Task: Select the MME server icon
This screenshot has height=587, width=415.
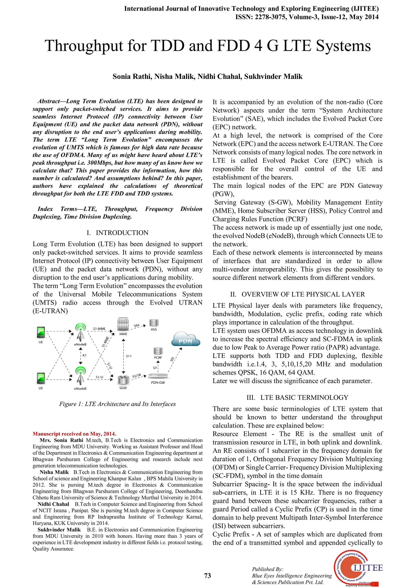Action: pyautogui.click(x=123, y=325)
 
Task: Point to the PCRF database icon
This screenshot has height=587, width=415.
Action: pyautogui.click(x=158, y=351)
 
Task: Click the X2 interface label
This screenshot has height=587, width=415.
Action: pyautogui.click(x=84, y=355)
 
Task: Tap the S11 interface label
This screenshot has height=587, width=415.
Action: pyautogui.click(x=129, y=356)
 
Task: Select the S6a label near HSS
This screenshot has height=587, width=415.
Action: pyautogui.click(x=137, y=326)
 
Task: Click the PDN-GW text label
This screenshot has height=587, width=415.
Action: pyautogui.click(x=158, y=382)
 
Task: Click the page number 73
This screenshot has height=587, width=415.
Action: pyautogui.click(x=207, y=575)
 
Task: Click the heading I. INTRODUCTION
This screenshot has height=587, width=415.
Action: pyautogui.click(x=117, y=233)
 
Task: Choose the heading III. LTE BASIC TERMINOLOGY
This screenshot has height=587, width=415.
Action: pyautogui.click(x=297, y=397)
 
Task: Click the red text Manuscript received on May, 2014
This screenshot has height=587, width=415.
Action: pyautogui.click(x=74, y=434)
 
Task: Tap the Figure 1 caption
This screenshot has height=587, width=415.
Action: pyautogui.click(x=117, y=404)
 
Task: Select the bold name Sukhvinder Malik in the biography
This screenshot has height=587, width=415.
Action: pyautogui.click(x=59, y=529)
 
